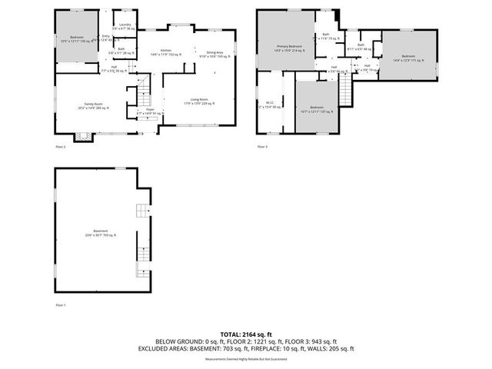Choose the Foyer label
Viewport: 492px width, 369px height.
pos(150,111)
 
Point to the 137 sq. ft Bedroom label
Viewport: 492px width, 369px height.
pos(317,108)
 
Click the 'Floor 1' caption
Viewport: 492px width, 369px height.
pos(61,305)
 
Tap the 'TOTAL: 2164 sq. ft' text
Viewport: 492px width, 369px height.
pos(245,334)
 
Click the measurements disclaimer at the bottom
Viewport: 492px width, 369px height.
pos(245,359)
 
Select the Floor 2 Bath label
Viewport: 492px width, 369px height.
pos(121,51)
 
